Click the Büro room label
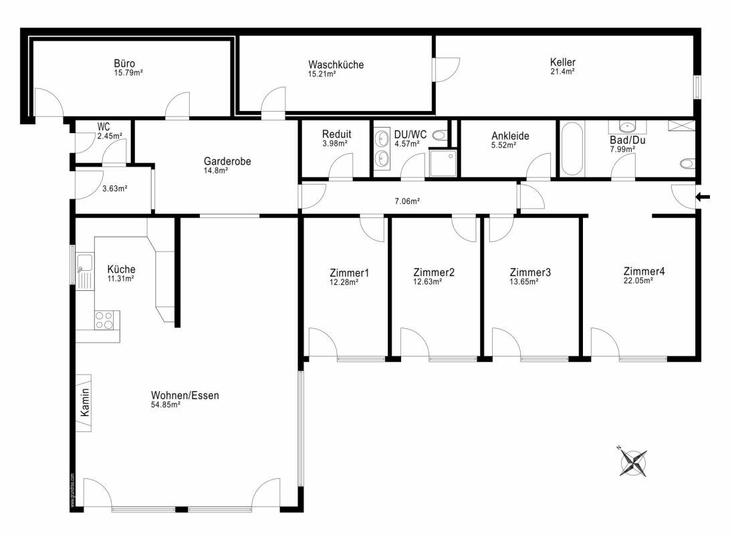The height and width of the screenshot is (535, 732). point(124,64)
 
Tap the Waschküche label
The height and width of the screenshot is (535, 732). point(336,64)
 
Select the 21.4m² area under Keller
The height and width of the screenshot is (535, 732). point(562,72)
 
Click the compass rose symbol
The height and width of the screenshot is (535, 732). point(634,462)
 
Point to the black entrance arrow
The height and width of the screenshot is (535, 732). point(703,197)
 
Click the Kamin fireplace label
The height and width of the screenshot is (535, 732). point(84,403)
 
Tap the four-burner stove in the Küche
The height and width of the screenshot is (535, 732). point(104,321)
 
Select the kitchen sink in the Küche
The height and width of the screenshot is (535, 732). point(85,272)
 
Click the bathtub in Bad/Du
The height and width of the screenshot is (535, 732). point(572,149)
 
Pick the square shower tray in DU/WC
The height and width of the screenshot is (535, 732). point(443,163)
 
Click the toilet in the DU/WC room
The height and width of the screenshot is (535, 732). point(440,135)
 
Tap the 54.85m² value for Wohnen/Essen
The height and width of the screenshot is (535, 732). point(165,405)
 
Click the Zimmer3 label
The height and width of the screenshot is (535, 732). point(530,272)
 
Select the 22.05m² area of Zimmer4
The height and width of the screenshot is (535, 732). point(638,281)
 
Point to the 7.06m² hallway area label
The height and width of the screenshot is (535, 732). point(407,201)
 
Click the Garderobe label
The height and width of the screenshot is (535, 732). point(227,161)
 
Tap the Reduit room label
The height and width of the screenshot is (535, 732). point(337,134)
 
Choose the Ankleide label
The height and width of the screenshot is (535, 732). point(510,136)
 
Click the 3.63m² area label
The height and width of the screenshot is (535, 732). point(115,189)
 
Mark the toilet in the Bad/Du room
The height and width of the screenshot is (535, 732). point(687,163)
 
